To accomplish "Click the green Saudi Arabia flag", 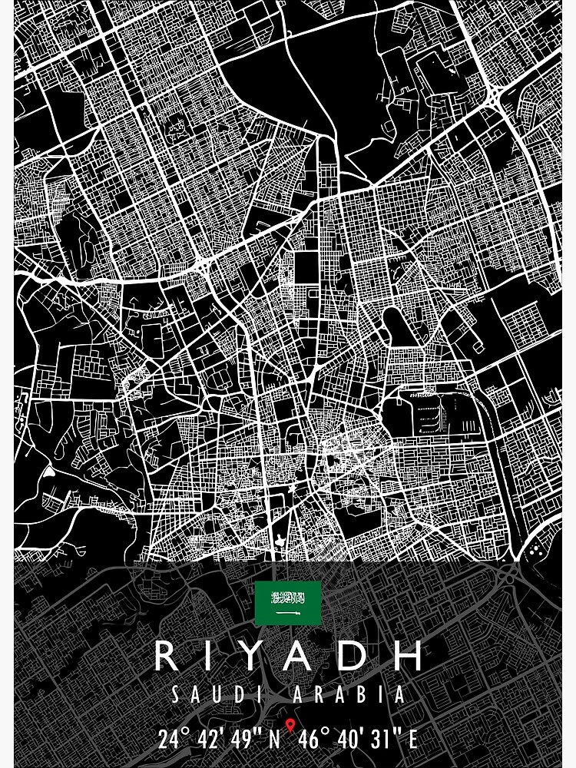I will point(288,603).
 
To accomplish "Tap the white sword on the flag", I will point(288,614).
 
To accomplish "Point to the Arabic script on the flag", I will point(288,598).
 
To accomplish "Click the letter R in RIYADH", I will point(167,656).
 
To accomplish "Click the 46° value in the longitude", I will point(316,740).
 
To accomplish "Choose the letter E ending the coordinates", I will point(412,740).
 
